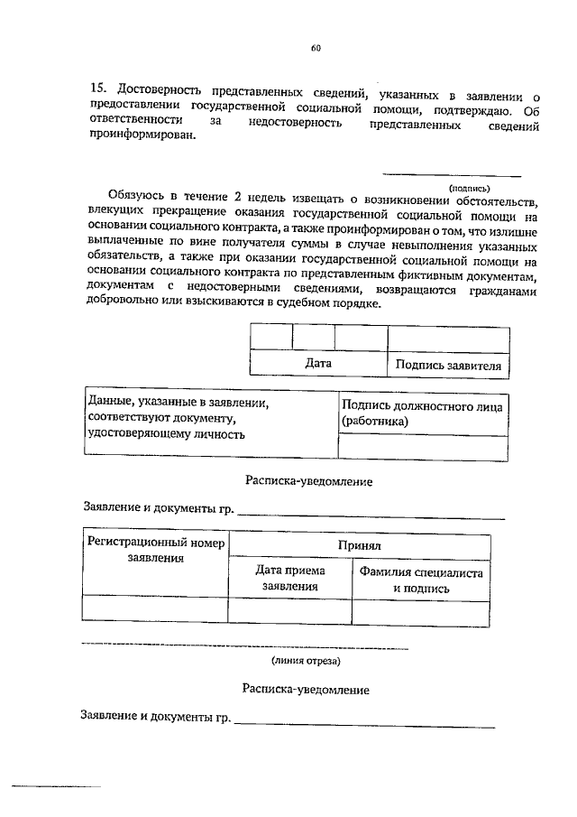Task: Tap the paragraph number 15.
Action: point(97,91)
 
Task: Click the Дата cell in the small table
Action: point(317,364)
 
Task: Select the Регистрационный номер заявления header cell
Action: point(154,551)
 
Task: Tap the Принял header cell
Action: point(360,545)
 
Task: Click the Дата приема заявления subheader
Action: point(289,579)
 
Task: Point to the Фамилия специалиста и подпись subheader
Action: point(421,580)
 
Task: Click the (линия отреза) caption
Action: point(307,662)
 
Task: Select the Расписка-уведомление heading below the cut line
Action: point(306,689)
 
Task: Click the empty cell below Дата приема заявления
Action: point(289,611)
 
